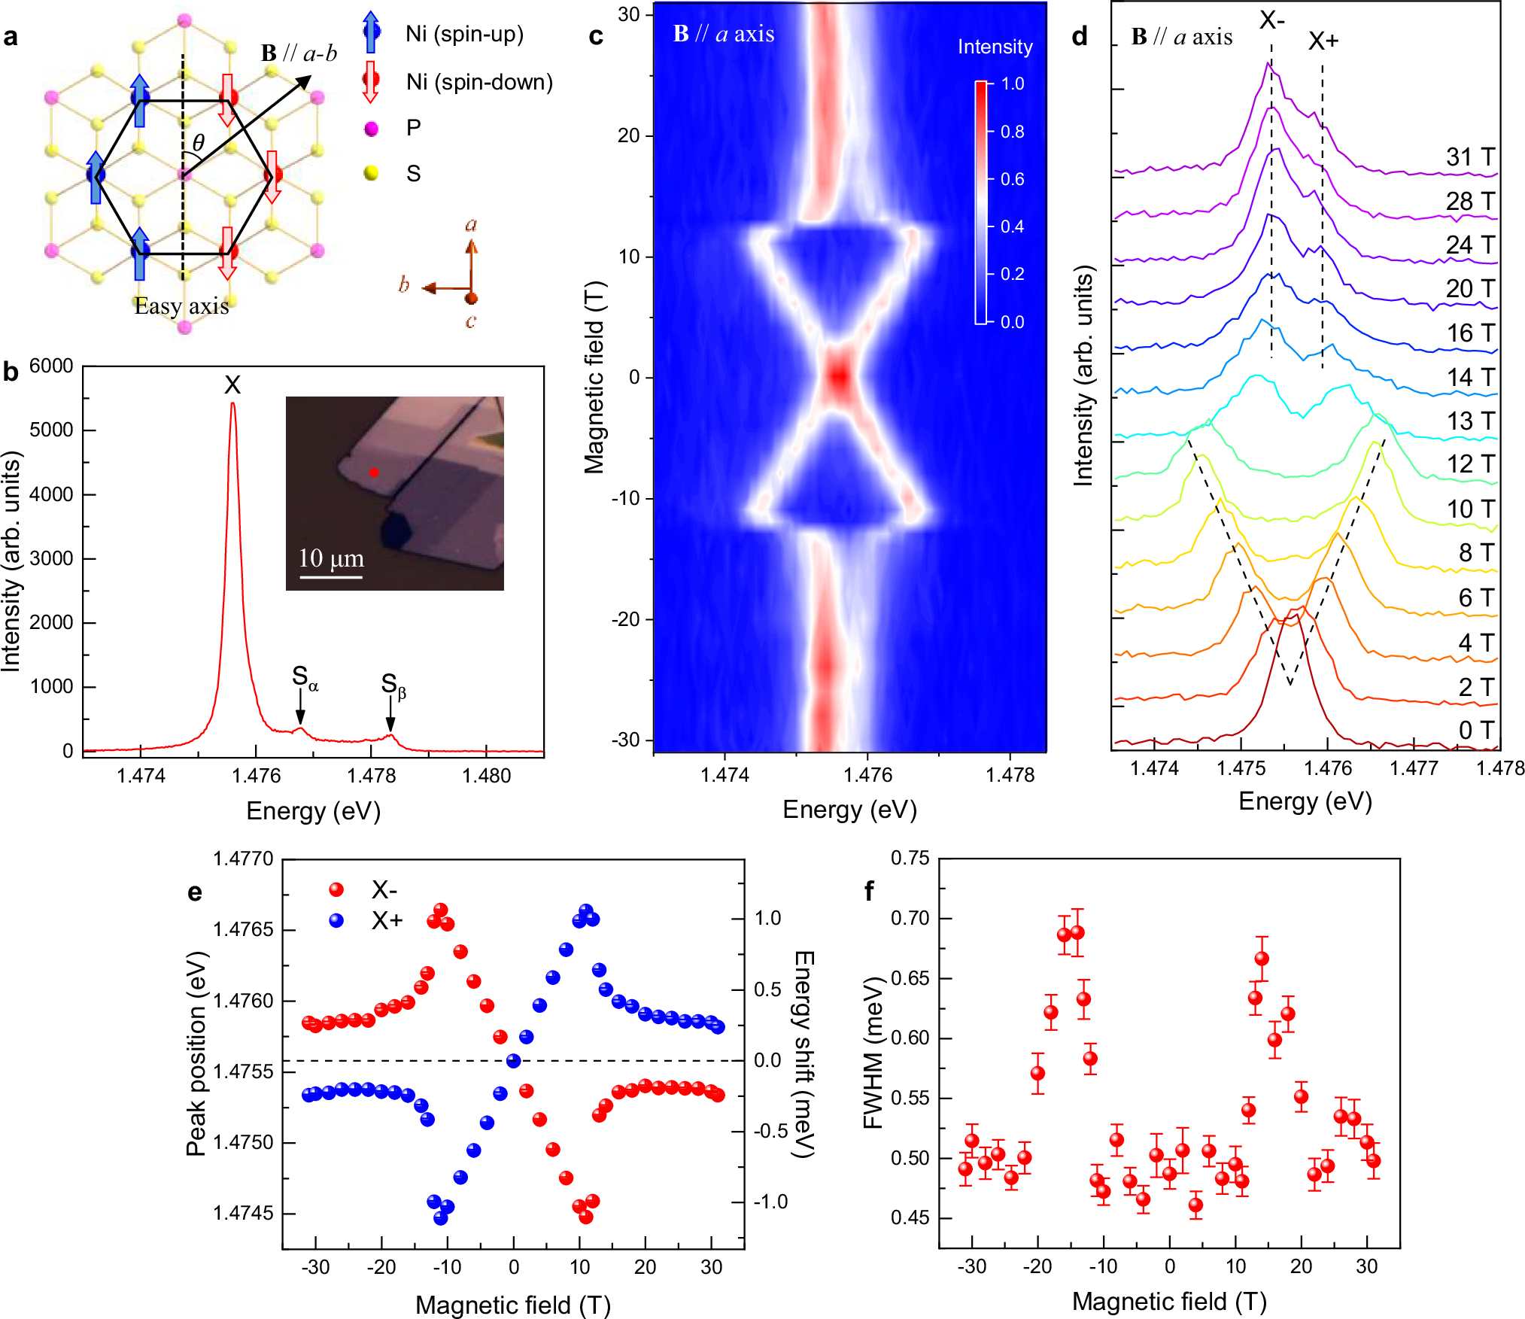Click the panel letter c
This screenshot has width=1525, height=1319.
(595, 36)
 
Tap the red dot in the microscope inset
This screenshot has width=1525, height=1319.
(374, 473)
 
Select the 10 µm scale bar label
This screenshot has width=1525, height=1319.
(331, 558)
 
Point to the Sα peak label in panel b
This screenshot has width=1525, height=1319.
(304, 677)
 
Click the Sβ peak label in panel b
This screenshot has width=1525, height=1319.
(393, 685)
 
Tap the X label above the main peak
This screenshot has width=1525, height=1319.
(232, 386)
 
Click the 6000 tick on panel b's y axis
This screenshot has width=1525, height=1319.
(51, 366)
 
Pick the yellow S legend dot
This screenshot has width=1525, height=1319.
(371, 174)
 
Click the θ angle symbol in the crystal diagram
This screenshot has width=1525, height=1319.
(198, 142)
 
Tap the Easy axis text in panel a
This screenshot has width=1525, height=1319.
(181, 306)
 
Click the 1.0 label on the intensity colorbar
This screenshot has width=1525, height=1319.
(1012, 84)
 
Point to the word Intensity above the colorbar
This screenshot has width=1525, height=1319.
(995, 47)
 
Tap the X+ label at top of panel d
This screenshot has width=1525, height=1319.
(1323, 41)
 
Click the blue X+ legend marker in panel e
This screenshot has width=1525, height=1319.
(336, 920)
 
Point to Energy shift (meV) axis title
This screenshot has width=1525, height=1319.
(804, 1053)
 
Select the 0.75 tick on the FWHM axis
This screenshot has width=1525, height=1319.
(909, 859)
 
